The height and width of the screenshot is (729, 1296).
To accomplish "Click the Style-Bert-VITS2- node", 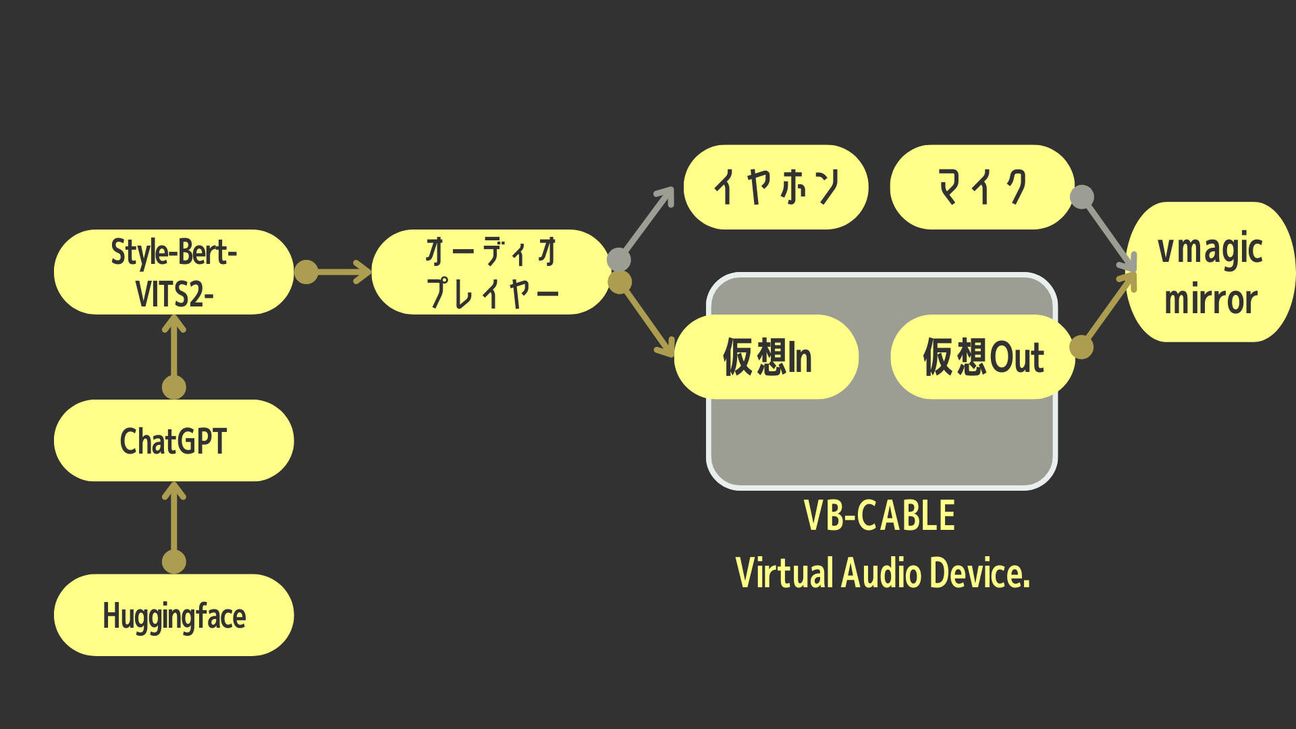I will pos(173,272).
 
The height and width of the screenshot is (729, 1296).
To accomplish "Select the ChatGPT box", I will pos(173,441).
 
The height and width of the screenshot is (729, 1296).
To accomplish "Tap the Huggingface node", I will pos(173,615).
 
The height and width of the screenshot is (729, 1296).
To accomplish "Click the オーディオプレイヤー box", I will pos(491,272).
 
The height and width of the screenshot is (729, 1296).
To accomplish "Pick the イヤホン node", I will pos(776,187).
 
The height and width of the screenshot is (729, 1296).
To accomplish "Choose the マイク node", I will pos(982,187).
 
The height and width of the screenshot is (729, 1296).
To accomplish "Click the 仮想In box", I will pos(766,356).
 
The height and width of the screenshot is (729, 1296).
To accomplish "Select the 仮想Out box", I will pos(983,356).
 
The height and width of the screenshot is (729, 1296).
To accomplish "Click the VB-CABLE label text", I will pos(880,516).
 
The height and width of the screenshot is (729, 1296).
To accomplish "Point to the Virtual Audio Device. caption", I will pos(882,573).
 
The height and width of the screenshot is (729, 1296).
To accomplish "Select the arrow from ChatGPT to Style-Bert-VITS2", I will pos(174,351).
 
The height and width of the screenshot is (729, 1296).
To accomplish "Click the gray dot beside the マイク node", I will pos(1082,197).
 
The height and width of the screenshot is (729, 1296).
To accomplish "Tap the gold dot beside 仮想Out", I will pos(1081,347).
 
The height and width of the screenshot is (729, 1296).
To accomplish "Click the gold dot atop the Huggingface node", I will pos(174,562).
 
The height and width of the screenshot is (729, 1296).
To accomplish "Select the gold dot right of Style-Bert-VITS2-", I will pos(306,272).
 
